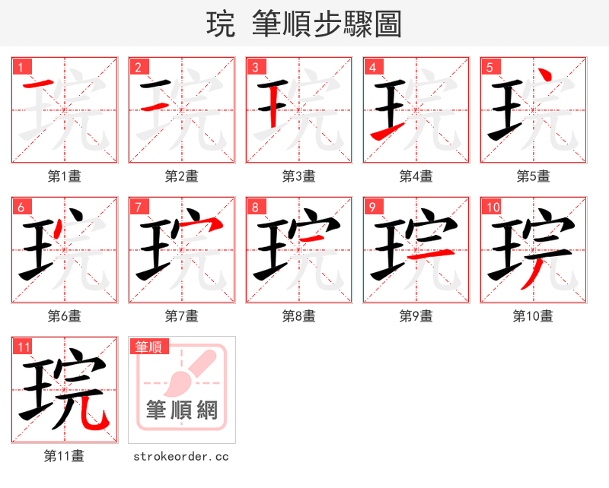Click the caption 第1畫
tap(65, 176)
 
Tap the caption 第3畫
tap(298, 176)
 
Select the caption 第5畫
tap(533, 176)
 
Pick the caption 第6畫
tap(65, 315)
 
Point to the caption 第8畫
tap(298, 315)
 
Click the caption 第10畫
tap(533, 315)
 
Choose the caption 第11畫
tap(65, 456)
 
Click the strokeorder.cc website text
tap(181, 456)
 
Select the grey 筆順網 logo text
tap(182, 410)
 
